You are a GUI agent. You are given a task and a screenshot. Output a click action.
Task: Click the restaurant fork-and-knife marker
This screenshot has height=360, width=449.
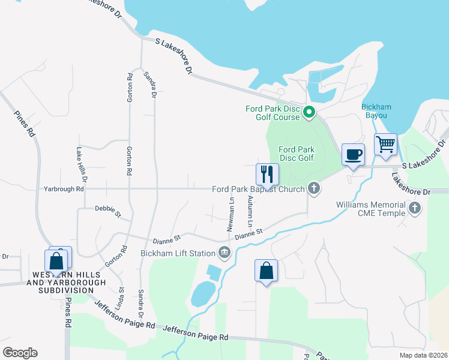(x=267, y=174)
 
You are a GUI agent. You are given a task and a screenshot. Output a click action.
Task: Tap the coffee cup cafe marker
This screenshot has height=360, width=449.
(x=353, y=155)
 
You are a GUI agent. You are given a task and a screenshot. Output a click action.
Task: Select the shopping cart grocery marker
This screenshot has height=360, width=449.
(x=385, y=145)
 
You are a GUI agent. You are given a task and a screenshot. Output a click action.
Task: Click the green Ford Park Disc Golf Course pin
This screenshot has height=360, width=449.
(x=309, y=112)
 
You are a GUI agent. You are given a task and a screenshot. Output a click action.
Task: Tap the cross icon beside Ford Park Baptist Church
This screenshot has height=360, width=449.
(x=313, y=189)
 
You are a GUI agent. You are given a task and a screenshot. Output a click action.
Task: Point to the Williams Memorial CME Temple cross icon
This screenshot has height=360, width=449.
(x=414, y=208)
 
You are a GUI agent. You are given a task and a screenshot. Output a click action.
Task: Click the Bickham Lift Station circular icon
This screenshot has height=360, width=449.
(x=224, y=253)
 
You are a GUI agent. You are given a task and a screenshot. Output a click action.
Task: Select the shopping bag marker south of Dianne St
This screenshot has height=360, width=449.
(x=266, y=271)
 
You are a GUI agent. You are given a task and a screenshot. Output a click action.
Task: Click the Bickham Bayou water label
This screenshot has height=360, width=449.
(x=377, y=110)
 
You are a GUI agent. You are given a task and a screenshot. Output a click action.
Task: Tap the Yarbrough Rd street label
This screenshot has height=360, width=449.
(x=63, y=189)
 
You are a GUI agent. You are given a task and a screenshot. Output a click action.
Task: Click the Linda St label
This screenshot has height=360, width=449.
(x=121, y=298)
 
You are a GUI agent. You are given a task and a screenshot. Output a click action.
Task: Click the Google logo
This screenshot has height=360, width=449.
(x=20, y=353)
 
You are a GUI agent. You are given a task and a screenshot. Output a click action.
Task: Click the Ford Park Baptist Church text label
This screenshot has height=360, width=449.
(x=258, y=189)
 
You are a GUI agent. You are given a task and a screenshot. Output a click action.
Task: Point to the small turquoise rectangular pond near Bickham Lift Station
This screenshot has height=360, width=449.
(x=213, y=272)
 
